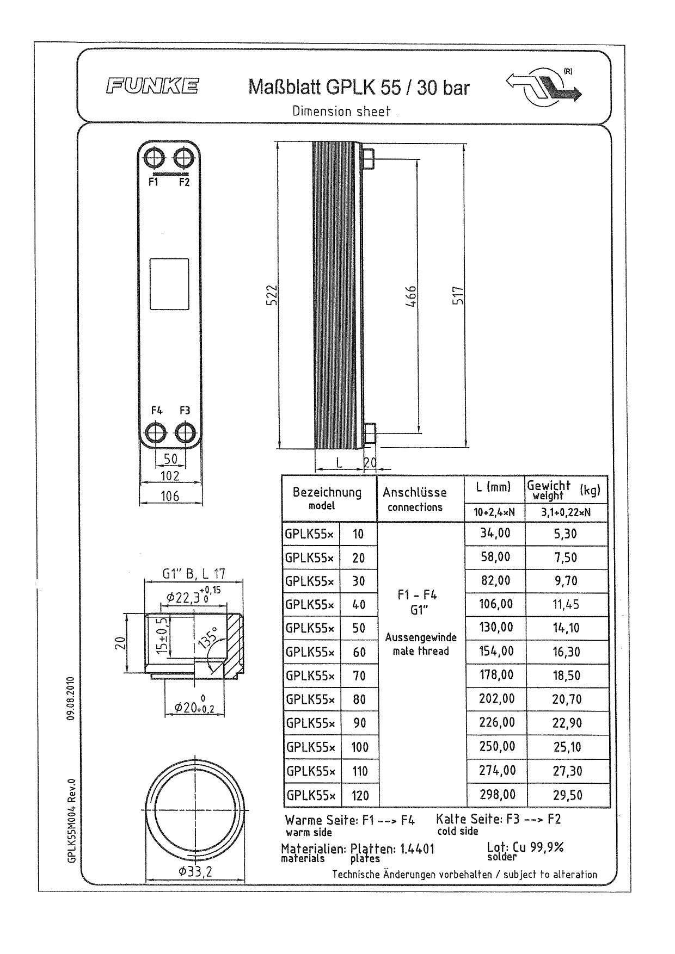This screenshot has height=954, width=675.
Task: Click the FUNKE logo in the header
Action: tap(152, 86)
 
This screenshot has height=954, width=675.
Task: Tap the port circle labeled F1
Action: tap(154, 158)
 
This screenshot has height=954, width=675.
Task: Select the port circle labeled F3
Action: tap(185, 433)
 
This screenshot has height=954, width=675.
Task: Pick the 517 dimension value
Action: tap(458, 296)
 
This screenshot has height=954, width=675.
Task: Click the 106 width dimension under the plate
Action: tap(170, 496)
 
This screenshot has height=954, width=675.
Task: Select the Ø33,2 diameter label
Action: tap(195, 872)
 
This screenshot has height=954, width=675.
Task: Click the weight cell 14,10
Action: tap(566, 628)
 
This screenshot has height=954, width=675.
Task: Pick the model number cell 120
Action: tap(360, 796)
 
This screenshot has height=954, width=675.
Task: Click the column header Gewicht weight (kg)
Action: tap(563, 490)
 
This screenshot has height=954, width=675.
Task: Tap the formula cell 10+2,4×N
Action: tap(494, 512)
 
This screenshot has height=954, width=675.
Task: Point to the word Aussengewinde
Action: tap(421, 637)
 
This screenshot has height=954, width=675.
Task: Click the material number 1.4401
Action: tap(417, 849)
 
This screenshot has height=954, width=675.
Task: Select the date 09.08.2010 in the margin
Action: tap(70, 698)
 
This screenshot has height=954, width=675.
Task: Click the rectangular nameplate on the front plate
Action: tap(169, 284)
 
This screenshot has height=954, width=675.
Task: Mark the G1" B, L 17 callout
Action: tap(194, 574)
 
